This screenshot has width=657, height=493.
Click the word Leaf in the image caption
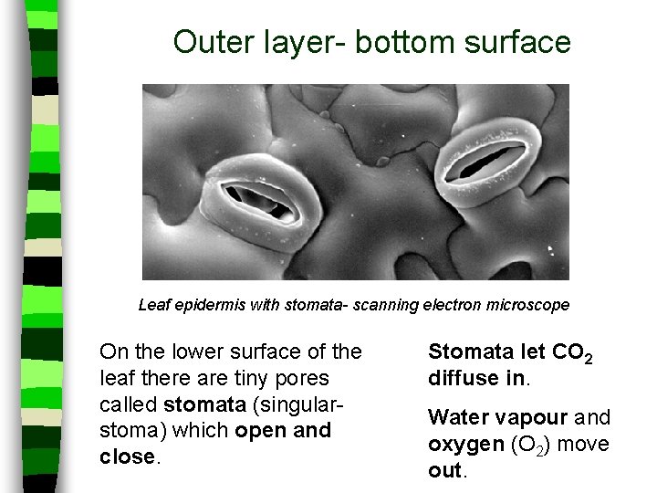click(x=153, y=305)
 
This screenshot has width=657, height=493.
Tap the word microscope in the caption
click(x=524, y=305)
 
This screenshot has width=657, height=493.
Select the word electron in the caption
click(x=448, y=305)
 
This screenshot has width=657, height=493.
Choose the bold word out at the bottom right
click(x=444, y=471)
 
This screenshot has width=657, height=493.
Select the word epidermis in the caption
click(x=209, y=305)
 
